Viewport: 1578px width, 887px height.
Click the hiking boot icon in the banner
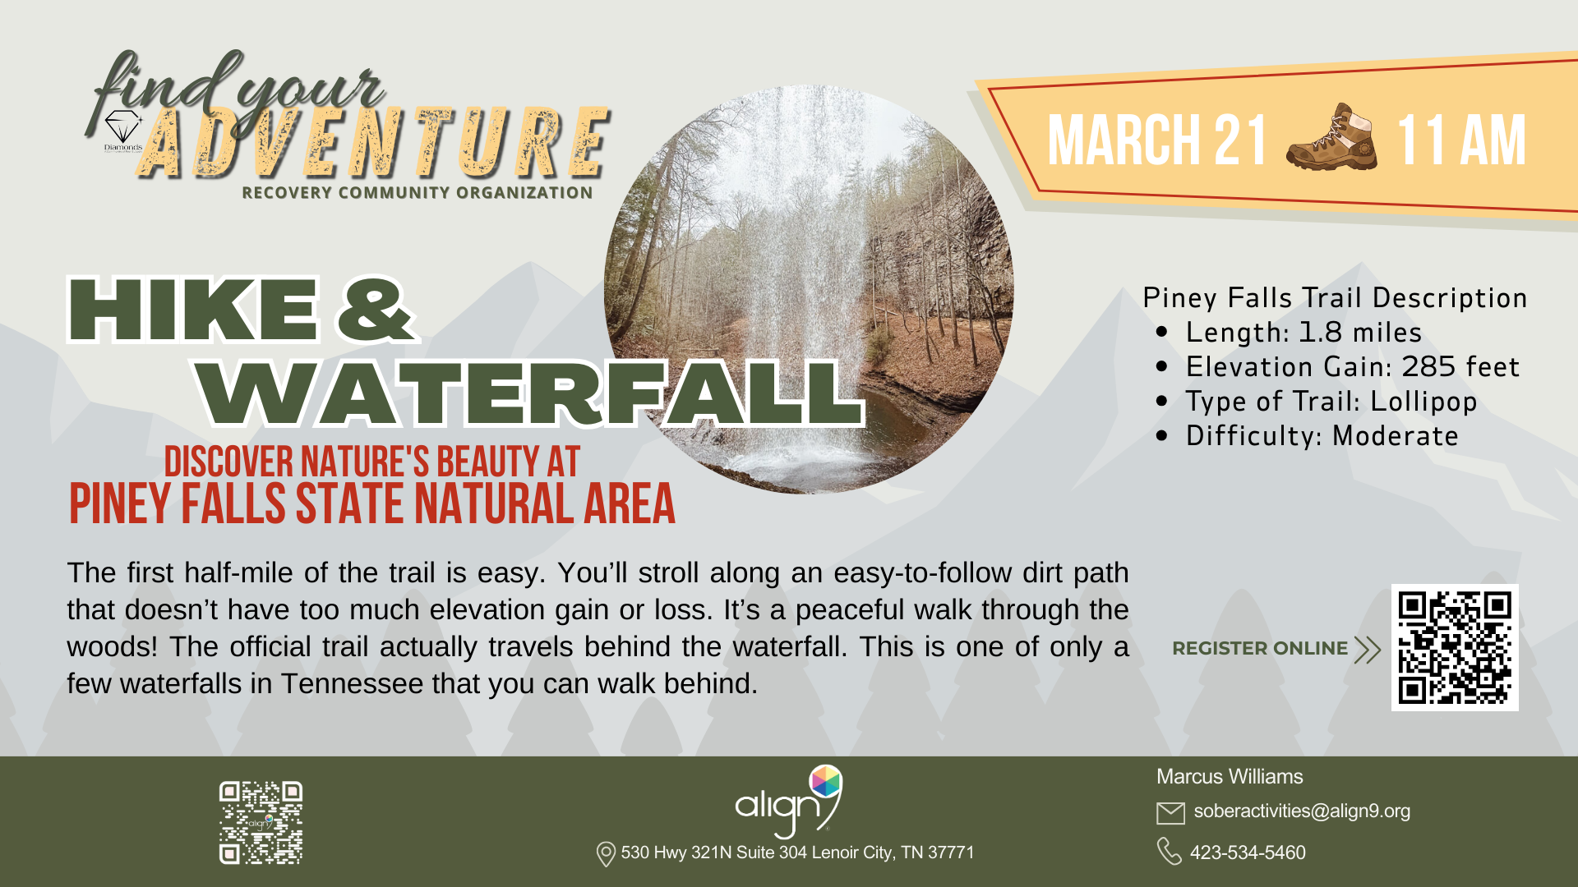[x=1331, y=137]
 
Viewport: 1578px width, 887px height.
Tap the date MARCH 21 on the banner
[x=1157, y=140]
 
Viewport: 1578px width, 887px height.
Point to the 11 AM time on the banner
[x=1460, y=140]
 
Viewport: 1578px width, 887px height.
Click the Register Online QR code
[x=1455, y=647]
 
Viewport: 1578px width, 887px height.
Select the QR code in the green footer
[x=261, y=822]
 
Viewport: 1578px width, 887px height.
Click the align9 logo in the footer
[x=788, y=801]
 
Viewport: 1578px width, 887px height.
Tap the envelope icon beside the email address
[x=1170, y=813]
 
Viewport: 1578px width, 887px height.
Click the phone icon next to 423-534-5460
[x=1169, y=852]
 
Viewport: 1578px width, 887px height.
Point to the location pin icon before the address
[x=606, y=854]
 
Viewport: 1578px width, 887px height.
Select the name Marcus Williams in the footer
[x=1230, y=776]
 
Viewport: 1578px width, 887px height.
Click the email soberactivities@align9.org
[x=1302, y=811]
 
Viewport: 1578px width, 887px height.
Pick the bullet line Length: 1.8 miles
[x=1303, y=333]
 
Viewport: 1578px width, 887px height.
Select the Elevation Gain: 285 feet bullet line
[x=1352, y=367]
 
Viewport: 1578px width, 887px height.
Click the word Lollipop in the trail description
[x=1423, y=402]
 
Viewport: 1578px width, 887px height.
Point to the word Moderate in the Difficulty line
[x=1396, y=436]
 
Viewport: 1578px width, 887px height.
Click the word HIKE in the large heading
[x=194, y=310]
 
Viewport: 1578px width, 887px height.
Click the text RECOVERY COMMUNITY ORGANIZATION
[x=418, y=193]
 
